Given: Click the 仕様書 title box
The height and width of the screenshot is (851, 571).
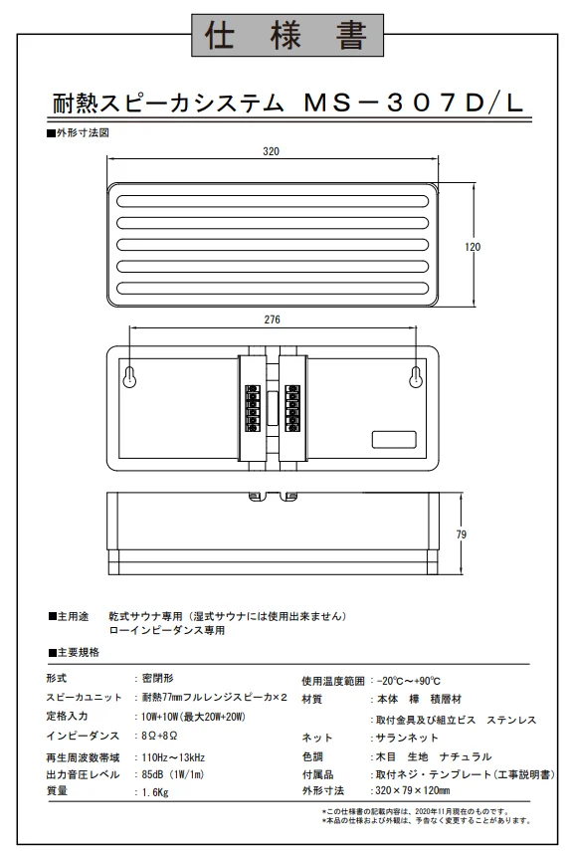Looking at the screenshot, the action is [x=287, y=35].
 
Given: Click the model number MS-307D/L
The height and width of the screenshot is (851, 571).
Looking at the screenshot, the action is [x=414, y=103].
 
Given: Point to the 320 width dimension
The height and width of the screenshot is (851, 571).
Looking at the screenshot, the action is [x=272, y=151].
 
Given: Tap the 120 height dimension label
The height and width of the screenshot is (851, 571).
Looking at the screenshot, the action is [x=473, y=247].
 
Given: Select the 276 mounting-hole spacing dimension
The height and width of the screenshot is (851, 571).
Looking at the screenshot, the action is [x=273, y=319].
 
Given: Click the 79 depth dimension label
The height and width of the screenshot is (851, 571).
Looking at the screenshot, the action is [x=461, y=534].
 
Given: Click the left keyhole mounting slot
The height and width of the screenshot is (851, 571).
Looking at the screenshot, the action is [x=129, y=377].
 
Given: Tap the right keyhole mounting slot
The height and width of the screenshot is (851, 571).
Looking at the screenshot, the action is [x=416, y=377].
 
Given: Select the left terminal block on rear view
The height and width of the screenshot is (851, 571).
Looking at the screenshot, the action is [x=252, y=409].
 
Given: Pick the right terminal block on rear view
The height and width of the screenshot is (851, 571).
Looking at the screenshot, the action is [x=292, y=409].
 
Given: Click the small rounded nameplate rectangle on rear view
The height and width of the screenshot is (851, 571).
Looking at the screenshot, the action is [x=394, y=440].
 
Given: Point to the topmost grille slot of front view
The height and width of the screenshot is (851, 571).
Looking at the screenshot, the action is [x=273, y=201].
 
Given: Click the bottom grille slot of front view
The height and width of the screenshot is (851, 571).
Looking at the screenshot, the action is [x=273, y=289].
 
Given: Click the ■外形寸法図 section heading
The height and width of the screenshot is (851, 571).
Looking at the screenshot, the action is [x=78, y=133].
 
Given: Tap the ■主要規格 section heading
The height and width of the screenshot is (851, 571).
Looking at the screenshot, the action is [x=74, y=652].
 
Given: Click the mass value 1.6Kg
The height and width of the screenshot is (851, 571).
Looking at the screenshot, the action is [x=155, y=792].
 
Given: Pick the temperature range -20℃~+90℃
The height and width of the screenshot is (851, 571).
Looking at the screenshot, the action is [x=408, y=681].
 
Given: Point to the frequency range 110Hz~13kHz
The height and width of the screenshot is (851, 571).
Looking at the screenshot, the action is [x=173, y=757].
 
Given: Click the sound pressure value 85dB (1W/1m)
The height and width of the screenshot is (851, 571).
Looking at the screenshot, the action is [x=173, y=775].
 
